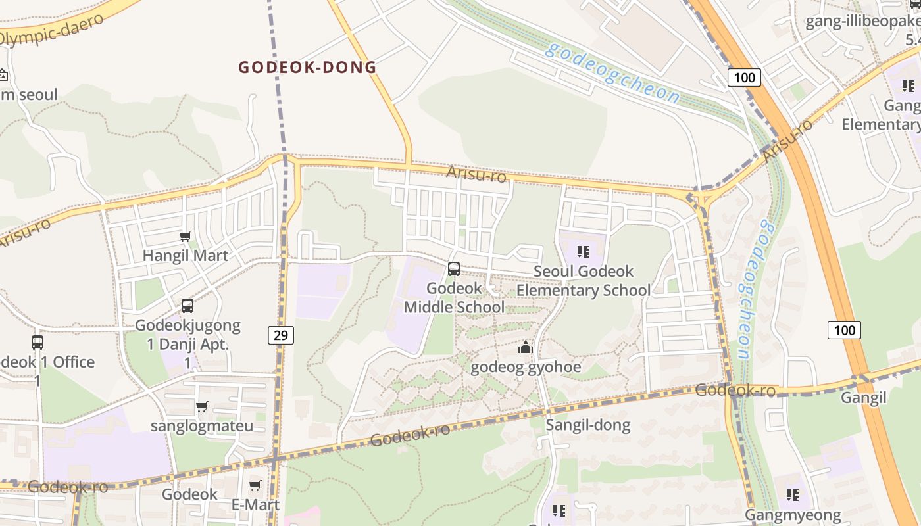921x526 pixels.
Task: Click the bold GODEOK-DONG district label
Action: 307,67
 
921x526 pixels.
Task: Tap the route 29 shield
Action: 281,335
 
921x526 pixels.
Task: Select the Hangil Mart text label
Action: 186,256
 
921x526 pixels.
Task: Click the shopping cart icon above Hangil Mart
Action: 186,236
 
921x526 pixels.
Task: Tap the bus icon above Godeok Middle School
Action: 454,268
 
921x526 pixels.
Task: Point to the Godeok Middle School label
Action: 454,298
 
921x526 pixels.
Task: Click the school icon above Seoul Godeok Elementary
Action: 583,251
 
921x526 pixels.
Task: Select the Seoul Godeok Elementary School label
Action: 584,281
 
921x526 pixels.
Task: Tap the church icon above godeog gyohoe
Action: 526,347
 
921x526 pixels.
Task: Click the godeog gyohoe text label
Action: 526,367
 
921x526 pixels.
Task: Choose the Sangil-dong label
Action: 588,425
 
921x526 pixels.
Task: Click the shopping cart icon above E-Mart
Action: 255,485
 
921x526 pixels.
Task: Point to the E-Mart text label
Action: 255,504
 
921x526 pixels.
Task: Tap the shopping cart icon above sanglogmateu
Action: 202,406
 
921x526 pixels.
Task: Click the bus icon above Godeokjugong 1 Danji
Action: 187,305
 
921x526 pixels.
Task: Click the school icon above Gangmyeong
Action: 793,494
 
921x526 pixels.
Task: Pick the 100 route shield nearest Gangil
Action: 844,329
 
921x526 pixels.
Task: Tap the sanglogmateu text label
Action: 202,425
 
